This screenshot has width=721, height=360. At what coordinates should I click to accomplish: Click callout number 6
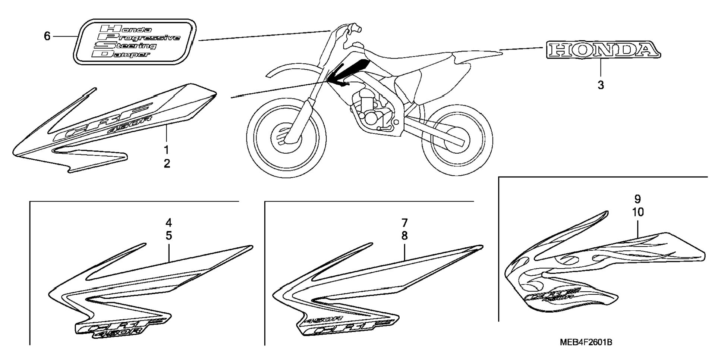coord(47,36)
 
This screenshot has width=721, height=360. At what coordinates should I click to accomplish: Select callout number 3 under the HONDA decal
coord(601,85)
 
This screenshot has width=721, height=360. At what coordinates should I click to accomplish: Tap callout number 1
coord(166,150)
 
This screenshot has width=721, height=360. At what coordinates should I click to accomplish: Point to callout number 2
coord(167,163)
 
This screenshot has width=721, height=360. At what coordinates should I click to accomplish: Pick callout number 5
coord(169,236)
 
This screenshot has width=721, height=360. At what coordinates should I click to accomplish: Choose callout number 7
coord(404,223)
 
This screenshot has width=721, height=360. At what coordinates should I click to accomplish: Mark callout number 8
coord(404,236)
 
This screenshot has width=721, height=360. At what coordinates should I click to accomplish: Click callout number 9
coord(637,199)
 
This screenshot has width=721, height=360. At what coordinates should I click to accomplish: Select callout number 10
coord(638,212)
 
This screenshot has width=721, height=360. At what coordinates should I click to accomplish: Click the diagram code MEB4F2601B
coord(585,342)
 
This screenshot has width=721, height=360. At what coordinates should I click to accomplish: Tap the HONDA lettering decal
coord(603,50)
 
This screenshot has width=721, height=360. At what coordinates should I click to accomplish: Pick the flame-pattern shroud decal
coord(604,269)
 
